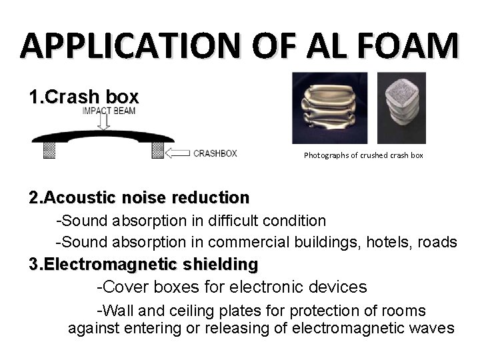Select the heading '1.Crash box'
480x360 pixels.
[83, 97]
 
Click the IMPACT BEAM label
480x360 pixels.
[109, 110]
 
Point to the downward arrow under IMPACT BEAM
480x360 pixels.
[104, 122]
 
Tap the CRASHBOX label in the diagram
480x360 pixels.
[215, 153]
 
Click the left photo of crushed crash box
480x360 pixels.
[329, 108]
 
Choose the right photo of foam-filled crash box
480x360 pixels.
[401, 108]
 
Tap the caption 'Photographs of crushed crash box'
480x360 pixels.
[363, 155]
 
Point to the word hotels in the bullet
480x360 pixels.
[386, 242]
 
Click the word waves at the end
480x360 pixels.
[433, 328]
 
